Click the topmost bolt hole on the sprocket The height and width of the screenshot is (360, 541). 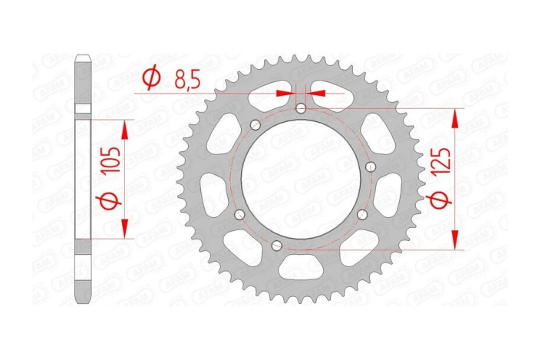[301, 109]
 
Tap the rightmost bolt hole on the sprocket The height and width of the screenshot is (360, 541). [371, 167]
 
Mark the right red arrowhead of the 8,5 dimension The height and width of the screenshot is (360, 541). [317, 93]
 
